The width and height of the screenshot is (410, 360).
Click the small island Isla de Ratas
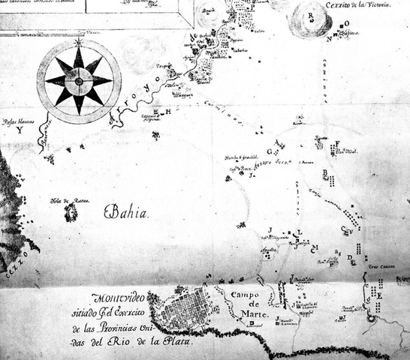click(x=71, y=214)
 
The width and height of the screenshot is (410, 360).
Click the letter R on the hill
click(x=310, y=14)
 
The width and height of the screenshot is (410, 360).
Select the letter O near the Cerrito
click(x=346, y=24)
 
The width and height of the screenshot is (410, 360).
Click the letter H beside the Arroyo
click(x=168, y=112)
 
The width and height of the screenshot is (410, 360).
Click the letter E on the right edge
click(x=379, y=296)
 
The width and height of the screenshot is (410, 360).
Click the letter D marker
click(x=350, y=256)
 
